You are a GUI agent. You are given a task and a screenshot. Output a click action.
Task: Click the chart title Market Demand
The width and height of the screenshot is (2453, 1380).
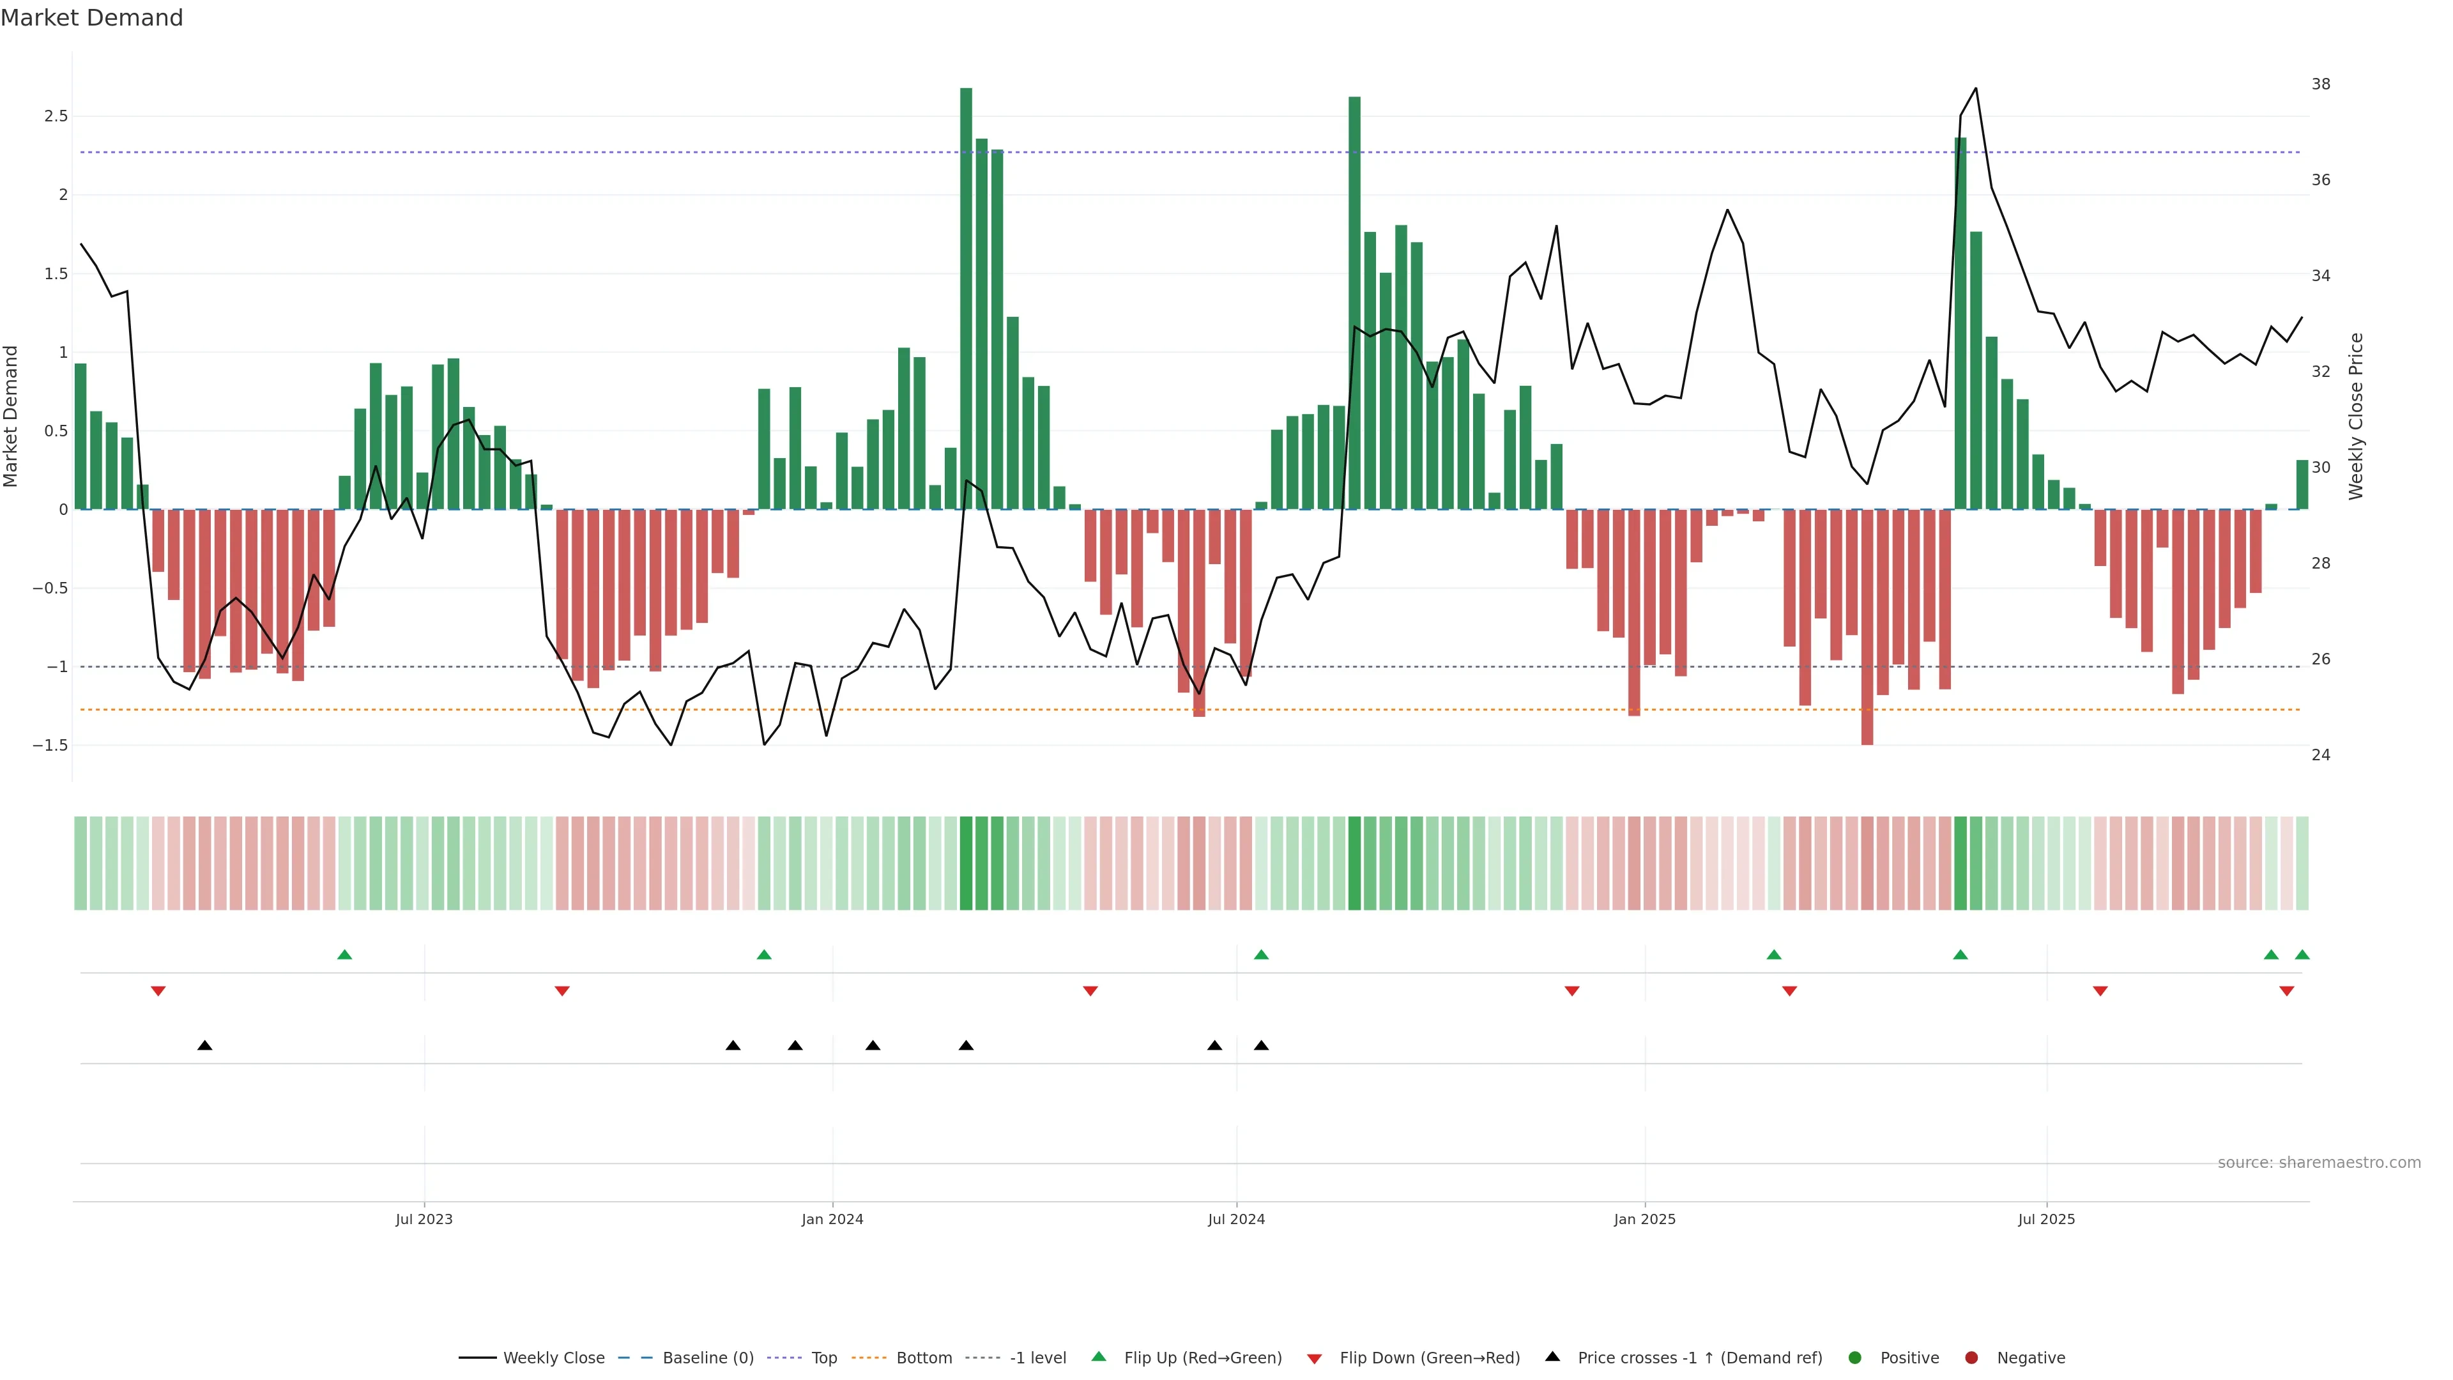coord(91,18)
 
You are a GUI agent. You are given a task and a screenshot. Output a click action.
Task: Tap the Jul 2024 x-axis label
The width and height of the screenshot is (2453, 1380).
coord(1236,1219)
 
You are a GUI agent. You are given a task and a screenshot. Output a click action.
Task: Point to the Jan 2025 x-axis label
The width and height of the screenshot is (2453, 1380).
coord(1644,1219)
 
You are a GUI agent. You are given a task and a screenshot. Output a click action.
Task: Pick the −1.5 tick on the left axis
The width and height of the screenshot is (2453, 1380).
coord(50,746)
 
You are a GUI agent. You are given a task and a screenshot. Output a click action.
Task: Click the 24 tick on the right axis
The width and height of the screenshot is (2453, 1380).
coord(2321,755)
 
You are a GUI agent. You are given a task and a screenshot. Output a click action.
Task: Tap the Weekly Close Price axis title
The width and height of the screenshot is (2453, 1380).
coord(2356,416)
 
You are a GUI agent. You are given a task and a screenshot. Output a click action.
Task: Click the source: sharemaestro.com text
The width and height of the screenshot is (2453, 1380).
coord(2319,1163)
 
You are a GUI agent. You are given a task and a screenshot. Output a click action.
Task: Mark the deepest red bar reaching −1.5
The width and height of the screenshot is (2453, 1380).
coord(1867,629)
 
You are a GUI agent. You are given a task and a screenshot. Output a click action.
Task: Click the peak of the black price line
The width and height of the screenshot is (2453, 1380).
coord(1976,89)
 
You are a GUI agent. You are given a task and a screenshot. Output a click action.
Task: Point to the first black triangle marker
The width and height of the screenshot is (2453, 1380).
coord(204,1046)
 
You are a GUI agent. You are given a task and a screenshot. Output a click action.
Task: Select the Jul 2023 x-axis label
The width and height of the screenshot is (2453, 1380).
coord(424,1219)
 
